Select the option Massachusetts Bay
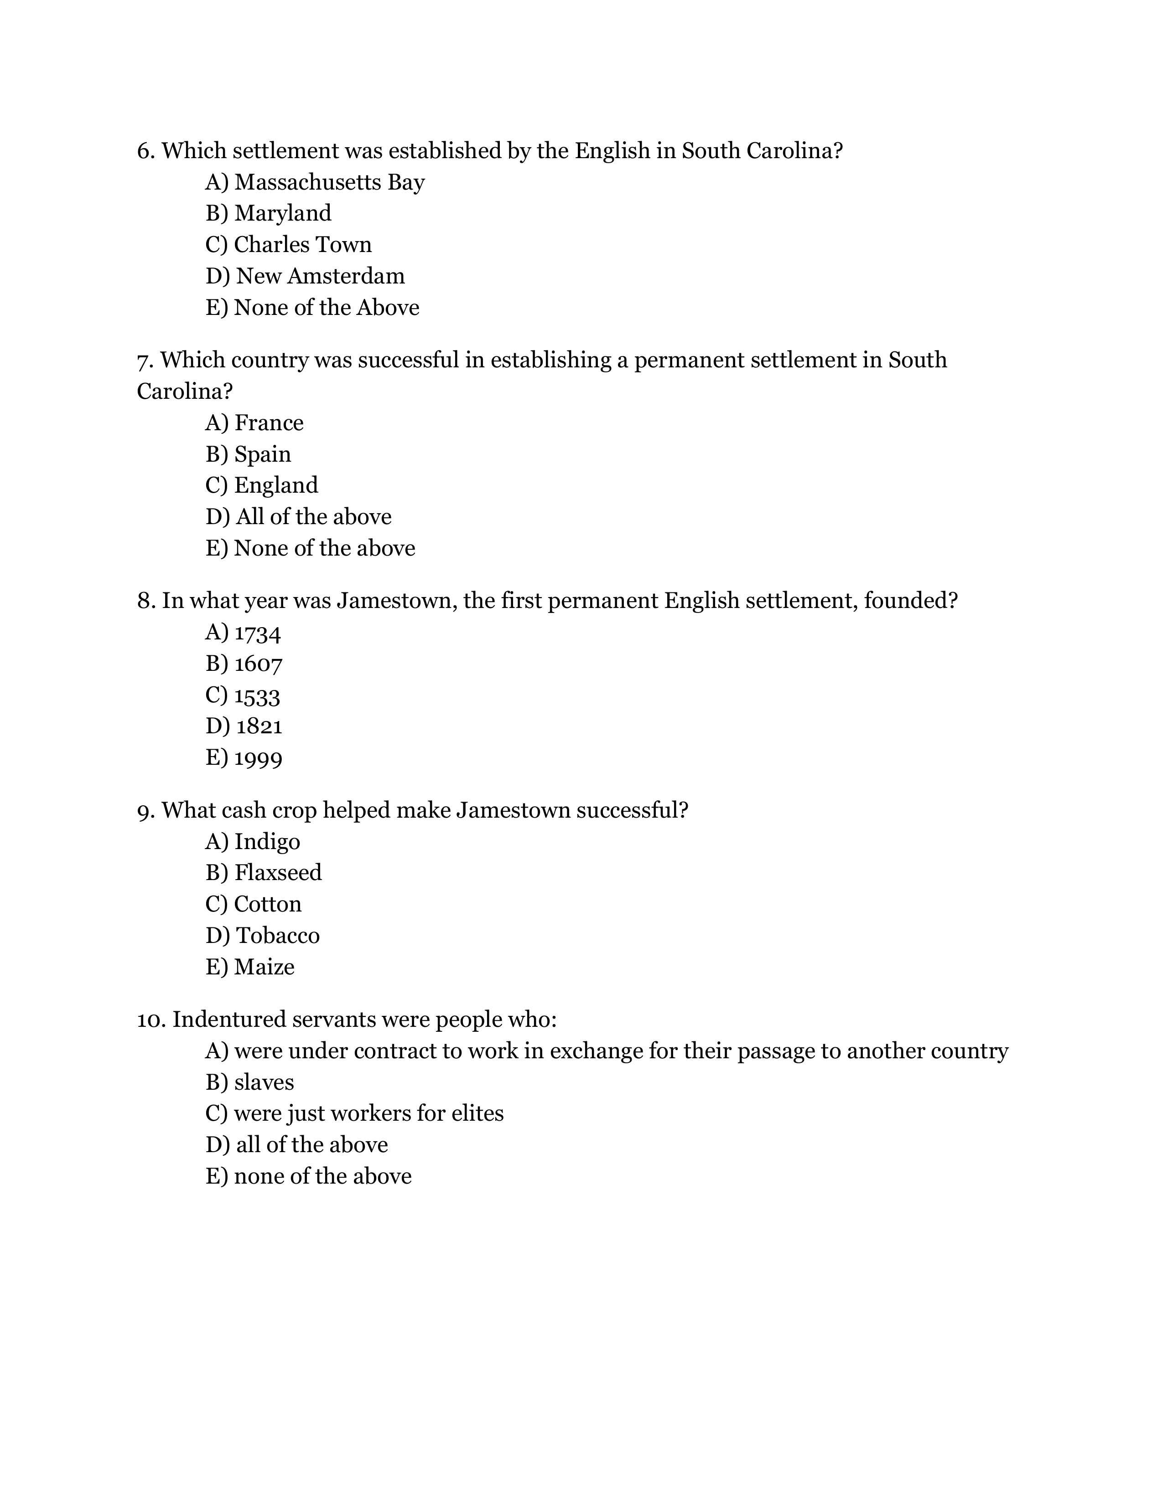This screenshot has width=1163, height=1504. tap(329, 182)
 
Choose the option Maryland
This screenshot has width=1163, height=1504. tap(282, 213)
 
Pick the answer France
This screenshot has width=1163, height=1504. tap(269, 423)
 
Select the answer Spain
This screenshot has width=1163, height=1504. tap(263, 454)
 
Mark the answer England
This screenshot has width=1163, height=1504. tap(275, 485)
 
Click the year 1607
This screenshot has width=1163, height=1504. tap(258, 664)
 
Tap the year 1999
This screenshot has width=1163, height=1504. tap(258, 759)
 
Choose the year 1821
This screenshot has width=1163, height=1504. tap(259, 726)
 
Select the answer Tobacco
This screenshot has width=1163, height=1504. tap(278, 936)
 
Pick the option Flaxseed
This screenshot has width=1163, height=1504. tap(278, 873)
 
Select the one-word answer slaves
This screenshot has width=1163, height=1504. tap(264, 1082)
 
